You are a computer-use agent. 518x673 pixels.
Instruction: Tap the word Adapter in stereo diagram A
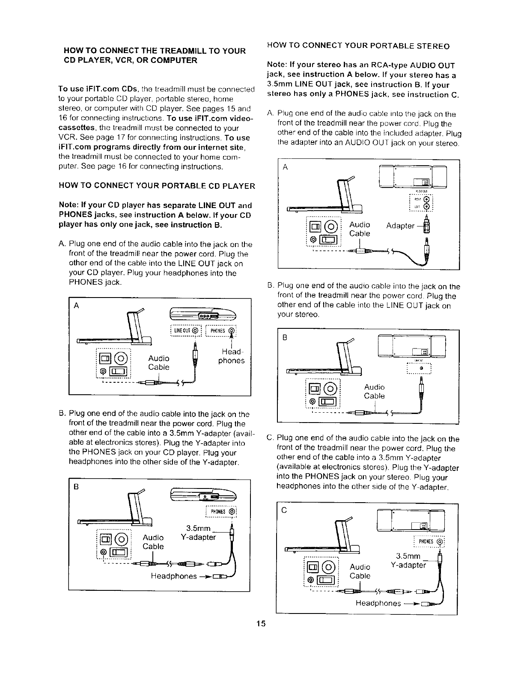[400, 226]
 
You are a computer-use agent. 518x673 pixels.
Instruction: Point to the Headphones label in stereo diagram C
[378, 603]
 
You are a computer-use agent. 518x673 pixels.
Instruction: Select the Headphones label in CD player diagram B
[173, 576]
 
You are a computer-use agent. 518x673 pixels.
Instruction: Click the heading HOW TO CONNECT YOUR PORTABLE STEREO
[358, 46]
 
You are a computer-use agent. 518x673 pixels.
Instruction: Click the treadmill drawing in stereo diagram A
[325, 195]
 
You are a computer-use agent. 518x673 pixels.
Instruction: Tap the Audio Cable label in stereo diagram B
[374, 392]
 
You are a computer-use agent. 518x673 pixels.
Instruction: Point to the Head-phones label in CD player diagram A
[231, 356]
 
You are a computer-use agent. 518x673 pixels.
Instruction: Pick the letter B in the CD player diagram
[76, 486]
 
